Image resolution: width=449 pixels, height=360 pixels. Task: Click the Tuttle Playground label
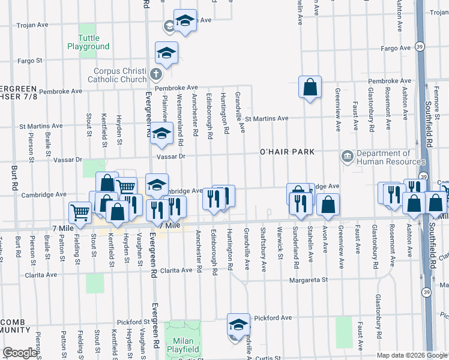[88, 42]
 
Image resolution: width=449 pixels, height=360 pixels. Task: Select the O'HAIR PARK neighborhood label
[287, 152]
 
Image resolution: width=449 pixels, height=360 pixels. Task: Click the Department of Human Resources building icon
[347, 157]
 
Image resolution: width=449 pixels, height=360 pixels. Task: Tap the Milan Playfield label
[183, 344]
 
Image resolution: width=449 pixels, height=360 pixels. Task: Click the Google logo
[20, 353]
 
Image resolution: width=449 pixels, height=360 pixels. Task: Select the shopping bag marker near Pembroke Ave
[310, 88]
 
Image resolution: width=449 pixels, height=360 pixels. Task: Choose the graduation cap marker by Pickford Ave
[238, 325]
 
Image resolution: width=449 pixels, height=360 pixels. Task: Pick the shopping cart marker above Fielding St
[80, 212]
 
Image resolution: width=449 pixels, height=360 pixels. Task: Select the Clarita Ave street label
[40, 274]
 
